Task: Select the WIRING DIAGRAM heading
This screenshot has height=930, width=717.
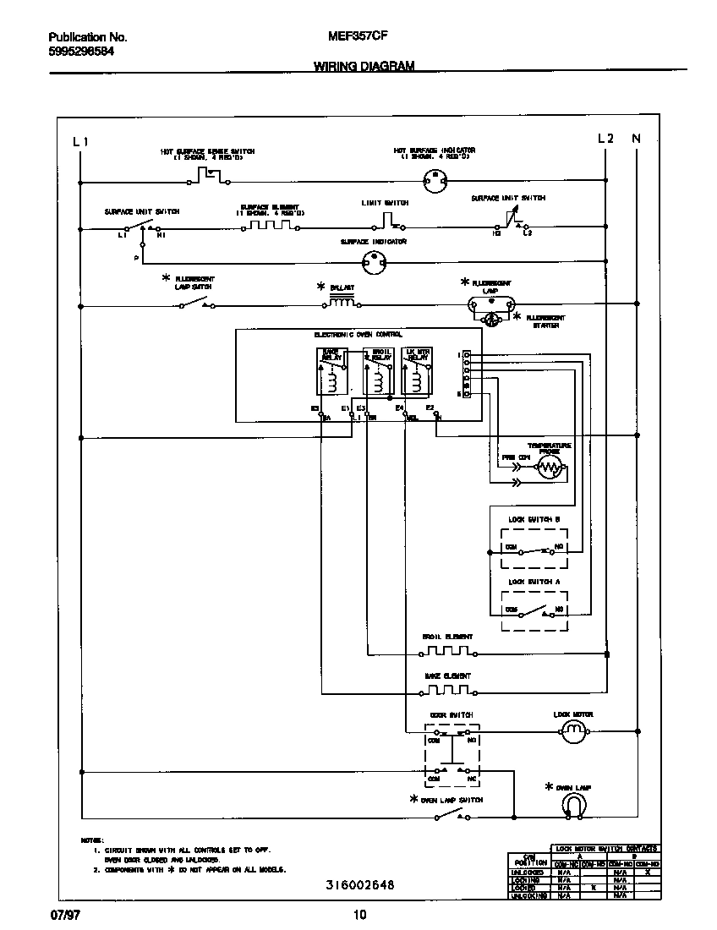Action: click(364, 65)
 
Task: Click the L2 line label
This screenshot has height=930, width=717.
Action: click(605, 139)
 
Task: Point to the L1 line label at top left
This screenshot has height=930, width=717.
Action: click(80, 141)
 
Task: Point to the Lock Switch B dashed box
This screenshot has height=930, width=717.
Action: click(534, 548)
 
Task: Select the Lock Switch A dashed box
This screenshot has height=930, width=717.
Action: click(534, 610)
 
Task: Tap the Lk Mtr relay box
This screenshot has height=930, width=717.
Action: click(417, 371)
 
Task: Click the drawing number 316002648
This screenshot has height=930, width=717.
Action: click(360, 885)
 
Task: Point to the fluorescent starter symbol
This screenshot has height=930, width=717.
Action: click(491, 320)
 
